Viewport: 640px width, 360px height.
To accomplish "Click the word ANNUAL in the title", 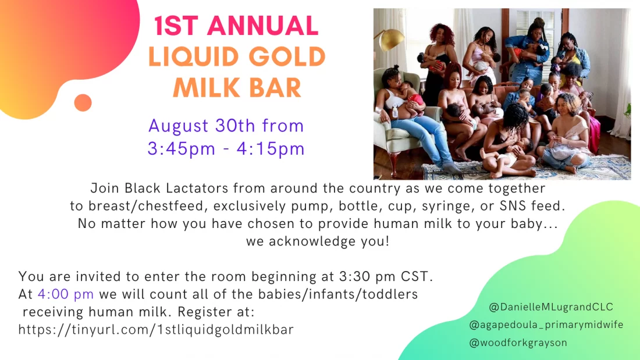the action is [x=263, y=26].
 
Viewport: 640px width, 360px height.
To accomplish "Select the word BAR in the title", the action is [x=276, y=87].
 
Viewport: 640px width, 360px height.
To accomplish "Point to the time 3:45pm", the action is [x=181, y=148].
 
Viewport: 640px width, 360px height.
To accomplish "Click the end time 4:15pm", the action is [x=271, y=148].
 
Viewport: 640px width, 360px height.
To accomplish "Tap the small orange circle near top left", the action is [x=83, y=103].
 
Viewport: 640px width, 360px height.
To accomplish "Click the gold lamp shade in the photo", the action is [x=390, y=38].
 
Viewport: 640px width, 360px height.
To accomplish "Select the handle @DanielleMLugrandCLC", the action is [x=551, y=307].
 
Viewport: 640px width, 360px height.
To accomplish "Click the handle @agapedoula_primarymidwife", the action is [x=546, y=325].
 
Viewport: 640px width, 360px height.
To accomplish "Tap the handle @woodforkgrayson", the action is [x=518, y=343].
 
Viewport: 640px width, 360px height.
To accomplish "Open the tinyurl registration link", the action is [x=156, y=329].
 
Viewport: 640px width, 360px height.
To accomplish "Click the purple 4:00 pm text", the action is [x=66, y=294].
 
